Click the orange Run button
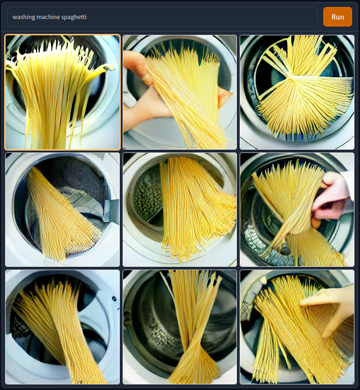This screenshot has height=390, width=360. [x=337, y=17]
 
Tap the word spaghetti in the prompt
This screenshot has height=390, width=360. [x=74, y=17]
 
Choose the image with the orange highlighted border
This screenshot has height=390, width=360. [x=62, y=92]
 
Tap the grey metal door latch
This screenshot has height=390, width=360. [x=111, y=210]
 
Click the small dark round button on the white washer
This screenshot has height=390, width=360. [x=114, y=298]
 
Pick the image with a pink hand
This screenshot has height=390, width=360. [x=297, y=210]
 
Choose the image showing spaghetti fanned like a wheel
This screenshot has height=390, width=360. [x=297, y=92]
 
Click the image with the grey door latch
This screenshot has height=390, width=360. [x=62, y=210]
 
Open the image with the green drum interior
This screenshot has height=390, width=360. [x=180, y=210]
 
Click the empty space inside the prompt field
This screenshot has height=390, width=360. [x=199, y=17]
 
